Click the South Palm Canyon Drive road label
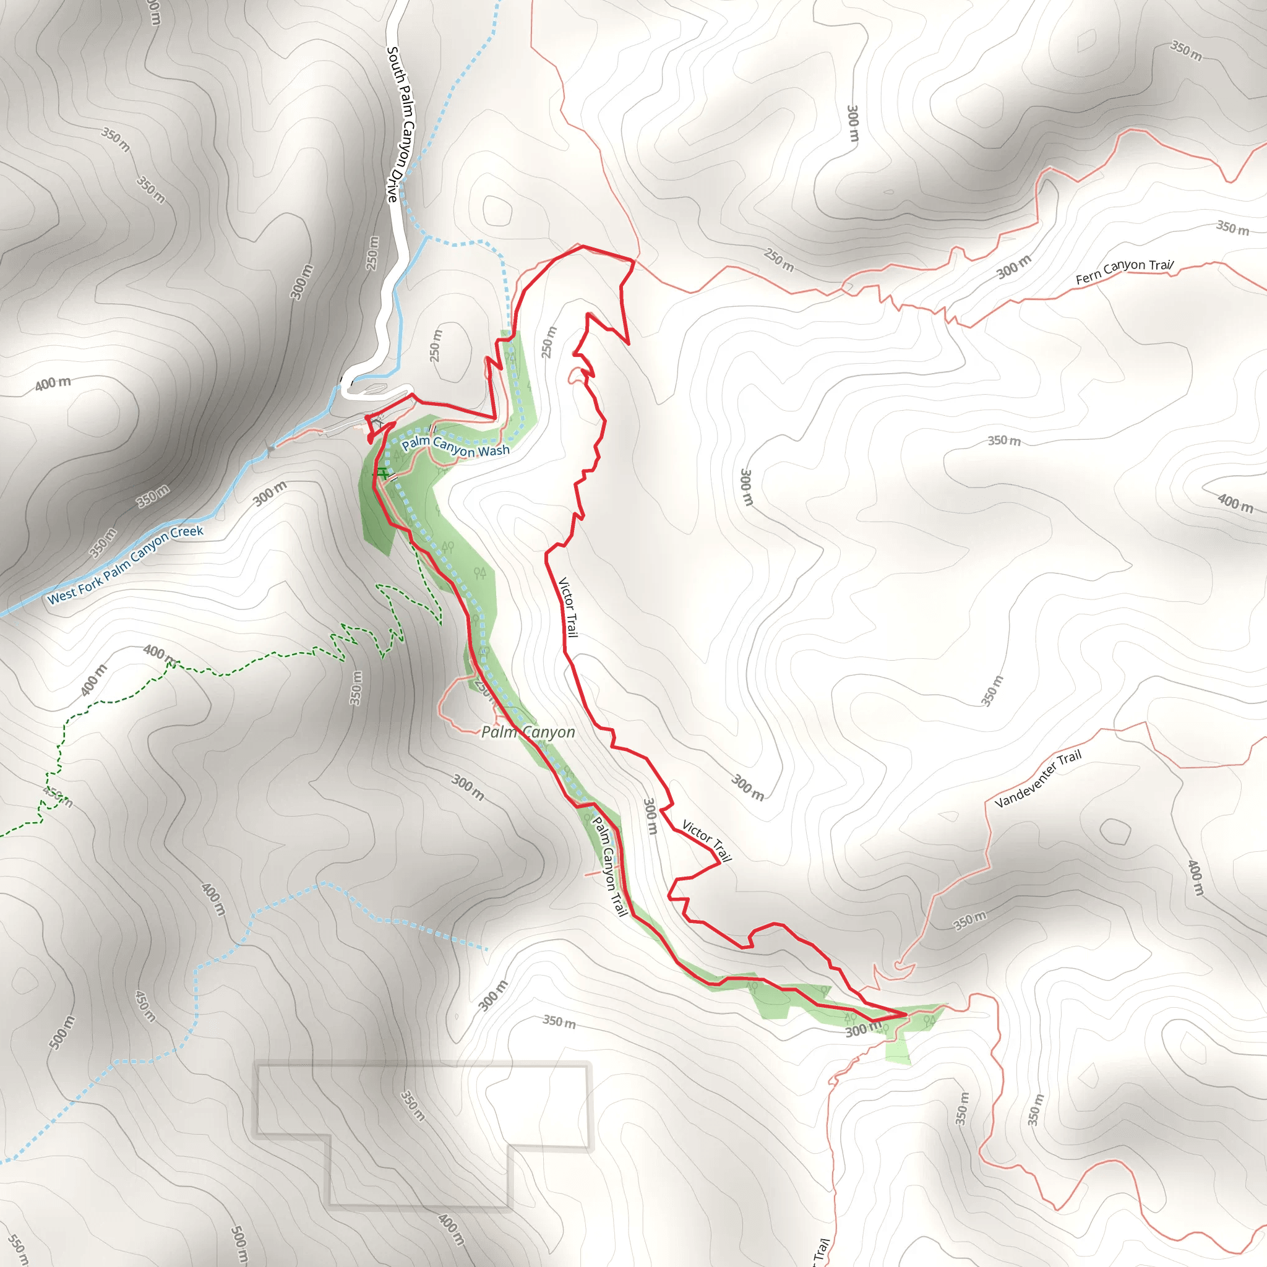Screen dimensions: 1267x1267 point(401,124)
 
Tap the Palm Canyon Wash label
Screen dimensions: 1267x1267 point(456,447)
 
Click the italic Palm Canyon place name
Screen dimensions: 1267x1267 point(528,732)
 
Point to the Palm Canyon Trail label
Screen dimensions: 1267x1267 point(610,865)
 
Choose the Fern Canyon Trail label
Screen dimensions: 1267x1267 point(1124,272)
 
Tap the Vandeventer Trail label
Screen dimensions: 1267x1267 point(1037,779)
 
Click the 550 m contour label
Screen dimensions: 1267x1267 point(18,1250)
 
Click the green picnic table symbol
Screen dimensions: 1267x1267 point(380,473)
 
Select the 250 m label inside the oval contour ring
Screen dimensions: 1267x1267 point(436,345)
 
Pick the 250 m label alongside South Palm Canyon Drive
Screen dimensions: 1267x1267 point(372,253)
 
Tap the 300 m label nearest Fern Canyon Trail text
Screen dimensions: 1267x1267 point(1014,267)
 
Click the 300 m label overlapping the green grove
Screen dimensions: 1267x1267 point(862,1030)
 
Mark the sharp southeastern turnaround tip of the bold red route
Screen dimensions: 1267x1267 point(906,1014)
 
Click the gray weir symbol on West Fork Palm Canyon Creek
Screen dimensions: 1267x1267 point(270,450)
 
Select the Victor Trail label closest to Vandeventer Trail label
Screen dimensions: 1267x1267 point(707,841)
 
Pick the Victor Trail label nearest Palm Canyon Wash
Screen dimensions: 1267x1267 point(568,608)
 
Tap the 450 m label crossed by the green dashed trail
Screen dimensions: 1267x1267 point(57,797)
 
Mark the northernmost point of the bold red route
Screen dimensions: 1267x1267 point(582,246)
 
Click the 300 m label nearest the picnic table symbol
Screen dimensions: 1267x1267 point(270,493)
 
